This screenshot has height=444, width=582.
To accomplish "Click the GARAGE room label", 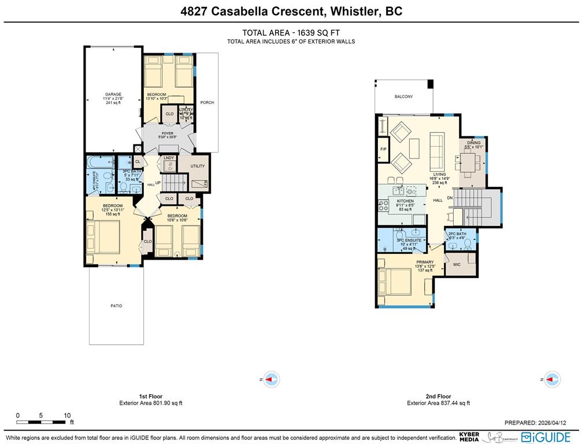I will [113, 94].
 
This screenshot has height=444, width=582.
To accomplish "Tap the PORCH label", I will [207, 103].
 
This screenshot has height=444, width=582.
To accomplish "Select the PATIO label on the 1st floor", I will [116, 306].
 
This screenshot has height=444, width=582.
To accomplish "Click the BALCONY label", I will [403, 97].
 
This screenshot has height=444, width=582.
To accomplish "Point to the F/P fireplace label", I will [383, 149].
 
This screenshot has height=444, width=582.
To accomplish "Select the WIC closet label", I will [456, 265].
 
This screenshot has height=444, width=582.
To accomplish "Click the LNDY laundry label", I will [169, 157].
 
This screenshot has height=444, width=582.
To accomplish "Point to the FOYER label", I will [168, 133].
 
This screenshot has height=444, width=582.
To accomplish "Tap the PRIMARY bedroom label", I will [425, 262].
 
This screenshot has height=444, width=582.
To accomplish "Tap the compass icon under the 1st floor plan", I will [271, 379].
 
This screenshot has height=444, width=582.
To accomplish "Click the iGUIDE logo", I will [546, 437].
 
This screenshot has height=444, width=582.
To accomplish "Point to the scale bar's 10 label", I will [67, 415].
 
